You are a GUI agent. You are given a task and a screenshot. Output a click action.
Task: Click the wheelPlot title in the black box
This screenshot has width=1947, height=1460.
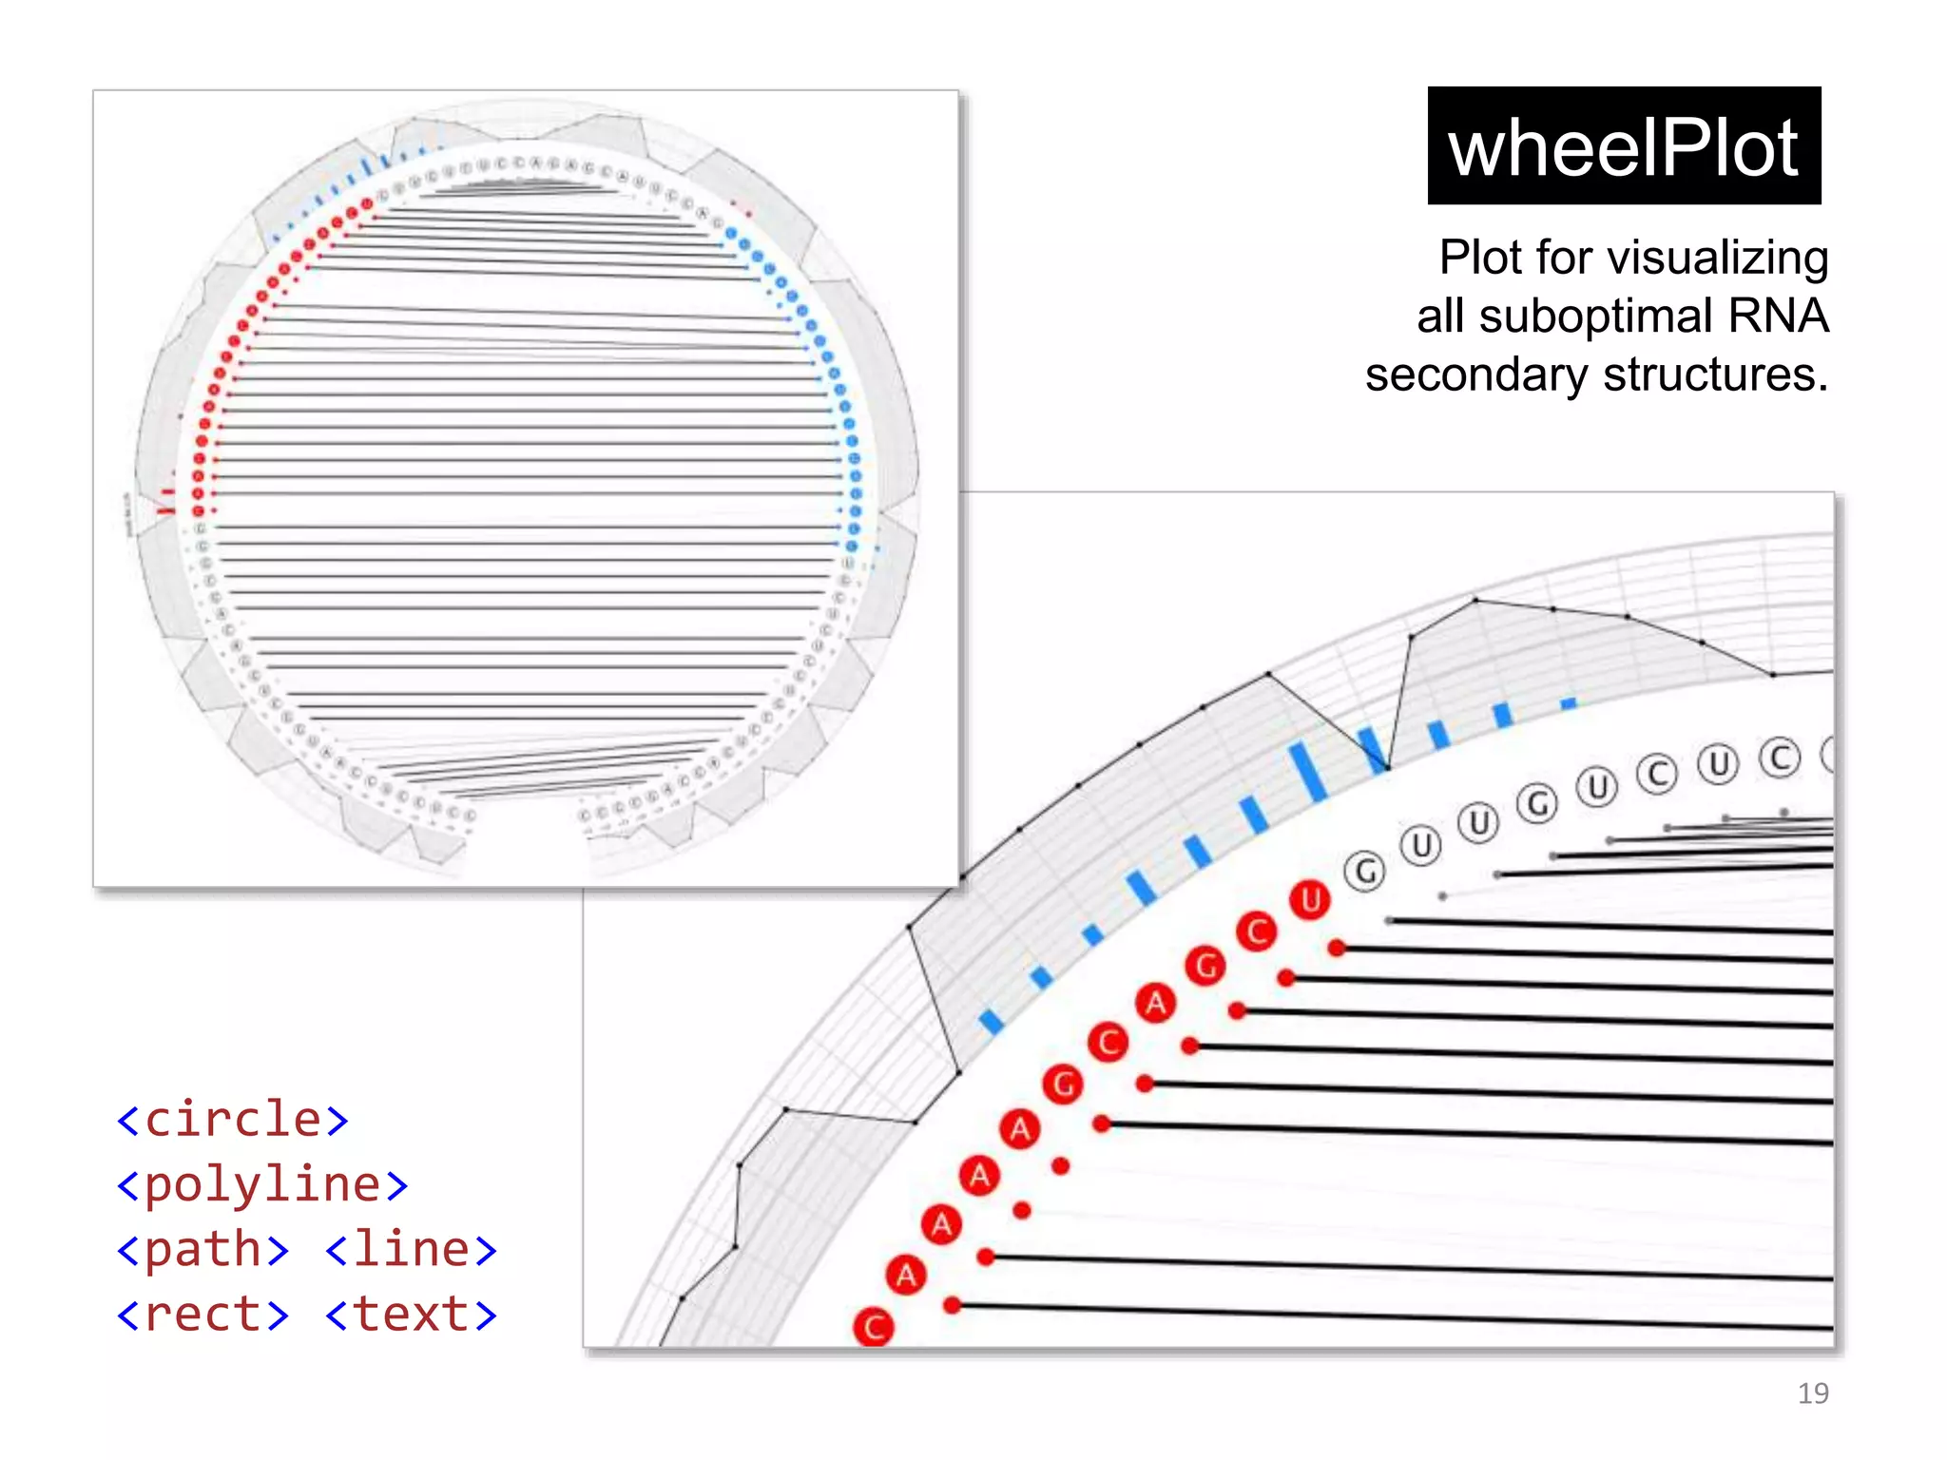coord(1623,147)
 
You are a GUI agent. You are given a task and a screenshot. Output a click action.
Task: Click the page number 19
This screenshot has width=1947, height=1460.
coord(1812,1393)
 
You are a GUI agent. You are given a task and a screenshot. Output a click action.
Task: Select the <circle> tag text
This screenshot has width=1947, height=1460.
coord(233,1119)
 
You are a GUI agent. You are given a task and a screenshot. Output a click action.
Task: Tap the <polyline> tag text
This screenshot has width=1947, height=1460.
coord(262,1184)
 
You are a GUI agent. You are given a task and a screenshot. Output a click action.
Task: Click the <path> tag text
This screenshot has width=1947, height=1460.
coord(202,1249)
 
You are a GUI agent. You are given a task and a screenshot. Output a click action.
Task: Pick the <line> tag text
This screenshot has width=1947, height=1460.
coord(412,1249)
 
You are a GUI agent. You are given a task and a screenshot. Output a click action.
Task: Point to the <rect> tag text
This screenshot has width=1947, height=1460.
coord(202,1315)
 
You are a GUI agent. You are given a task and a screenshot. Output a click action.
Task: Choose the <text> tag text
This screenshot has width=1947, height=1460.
coord(412,1315)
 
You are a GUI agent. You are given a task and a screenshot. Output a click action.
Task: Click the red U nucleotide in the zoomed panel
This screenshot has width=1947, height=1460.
coord(1310,899)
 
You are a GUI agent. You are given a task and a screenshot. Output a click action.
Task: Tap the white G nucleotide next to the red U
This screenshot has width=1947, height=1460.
coord(1365,871)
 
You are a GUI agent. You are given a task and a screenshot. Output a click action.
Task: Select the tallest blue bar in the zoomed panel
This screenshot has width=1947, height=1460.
coord(1307,772)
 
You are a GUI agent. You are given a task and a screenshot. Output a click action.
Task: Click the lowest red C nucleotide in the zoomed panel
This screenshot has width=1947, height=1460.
coord(874,1327)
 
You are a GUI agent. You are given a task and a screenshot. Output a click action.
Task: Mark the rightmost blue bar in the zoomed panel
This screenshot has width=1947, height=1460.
coord(1569,703)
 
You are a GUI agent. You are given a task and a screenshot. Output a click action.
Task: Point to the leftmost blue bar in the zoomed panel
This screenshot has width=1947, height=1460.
coord(991,1022)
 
